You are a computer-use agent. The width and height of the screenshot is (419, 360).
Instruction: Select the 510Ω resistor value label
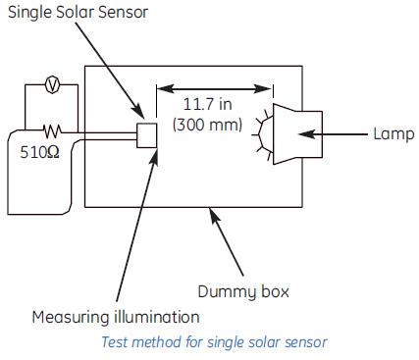(40, 152)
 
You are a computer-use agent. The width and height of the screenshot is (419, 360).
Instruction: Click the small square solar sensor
(148, 135)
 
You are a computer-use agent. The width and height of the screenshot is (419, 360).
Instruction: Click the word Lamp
(393, 133)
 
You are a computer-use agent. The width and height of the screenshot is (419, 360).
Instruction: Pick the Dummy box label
(242, 291)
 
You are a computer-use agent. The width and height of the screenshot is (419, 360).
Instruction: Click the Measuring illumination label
(115, 317)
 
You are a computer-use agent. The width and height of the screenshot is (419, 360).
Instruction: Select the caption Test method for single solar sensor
(214, 341)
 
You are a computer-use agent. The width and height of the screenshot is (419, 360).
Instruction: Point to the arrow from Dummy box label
(228, 244)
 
